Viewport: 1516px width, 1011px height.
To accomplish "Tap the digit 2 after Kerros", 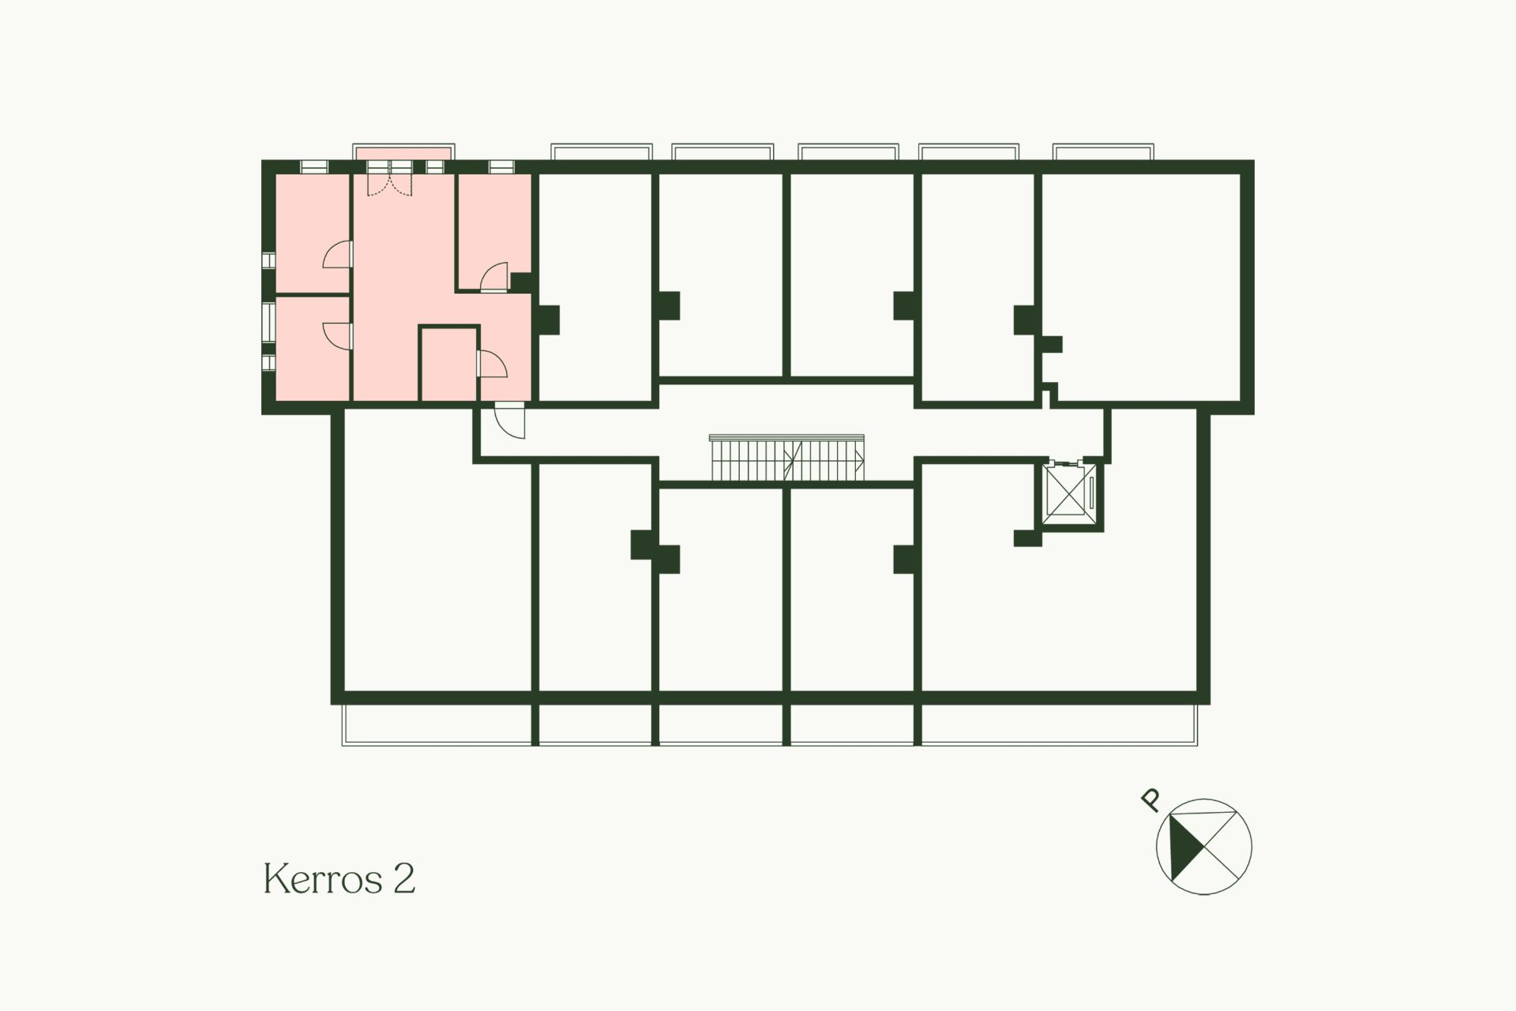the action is coord(403,878).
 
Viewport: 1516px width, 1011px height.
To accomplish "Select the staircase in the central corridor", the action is coord(787,458).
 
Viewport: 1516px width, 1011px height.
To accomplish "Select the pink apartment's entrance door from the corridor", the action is coord(508,420).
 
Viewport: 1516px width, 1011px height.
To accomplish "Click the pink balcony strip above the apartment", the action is coord(403,152).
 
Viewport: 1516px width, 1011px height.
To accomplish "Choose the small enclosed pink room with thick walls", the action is coord(448,365).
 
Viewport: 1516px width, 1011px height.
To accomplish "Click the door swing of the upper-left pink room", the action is coord(337,256).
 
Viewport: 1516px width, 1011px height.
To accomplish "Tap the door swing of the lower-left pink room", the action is coord(337,335).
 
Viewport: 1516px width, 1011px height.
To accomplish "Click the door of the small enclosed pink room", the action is coord(492,364).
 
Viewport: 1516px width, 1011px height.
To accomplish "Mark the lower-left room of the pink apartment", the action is coord(312,349).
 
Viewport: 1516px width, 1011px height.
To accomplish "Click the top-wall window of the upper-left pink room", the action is coord(314,167).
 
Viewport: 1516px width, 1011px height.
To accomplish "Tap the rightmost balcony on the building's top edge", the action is coord(1104,152).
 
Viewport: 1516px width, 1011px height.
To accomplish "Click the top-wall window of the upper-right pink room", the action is coord(501,167).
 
